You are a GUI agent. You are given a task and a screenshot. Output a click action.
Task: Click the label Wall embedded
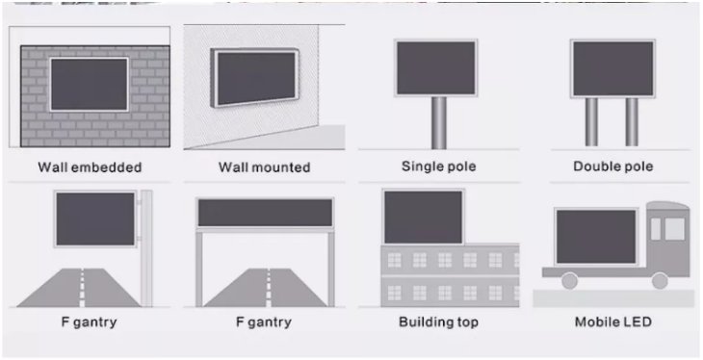coord(90,167)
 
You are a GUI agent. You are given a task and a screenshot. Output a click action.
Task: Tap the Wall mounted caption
coord(265,167)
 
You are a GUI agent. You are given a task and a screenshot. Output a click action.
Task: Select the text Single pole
coord(439,167)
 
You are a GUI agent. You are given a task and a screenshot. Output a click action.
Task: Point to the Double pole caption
coord(613,167)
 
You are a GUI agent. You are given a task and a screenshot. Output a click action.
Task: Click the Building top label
coord(438,322)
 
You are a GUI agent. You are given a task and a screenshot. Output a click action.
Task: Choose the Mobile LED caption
coord(613,321)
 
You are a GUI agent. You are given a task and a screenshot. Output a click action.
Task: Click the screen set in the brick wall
coord(89,85)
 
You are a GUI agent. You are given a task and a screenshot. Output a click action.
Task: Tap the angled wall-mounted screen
coord(255,78)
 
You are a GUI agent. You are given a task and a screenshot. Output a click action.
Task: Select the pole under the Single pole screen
coord(439,123)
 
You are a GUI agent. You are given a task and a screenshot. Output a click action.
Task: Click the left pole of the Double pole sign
coord(591,122)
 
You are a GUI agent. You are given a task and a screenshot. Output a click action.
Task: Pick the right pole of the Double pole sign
coord(632,122)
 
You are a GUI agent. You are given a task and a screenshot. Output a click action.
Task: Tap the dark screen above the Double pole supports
coord(612,68)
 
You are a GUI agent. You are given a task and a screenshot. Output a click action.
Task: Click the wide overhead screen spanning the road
coord(266,213)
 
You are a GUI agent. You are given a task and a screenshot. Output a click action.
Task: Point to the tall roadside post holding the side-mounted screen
coord(146,248)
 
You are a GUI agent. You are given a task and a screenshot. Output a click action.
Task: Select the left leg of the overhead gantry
coord(199,269)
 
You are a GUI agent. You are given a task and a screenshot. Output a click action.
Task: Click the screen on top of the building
coord(423,217)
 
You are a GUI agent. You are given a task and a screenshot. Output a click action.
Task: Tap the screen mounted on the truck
coord(596,236)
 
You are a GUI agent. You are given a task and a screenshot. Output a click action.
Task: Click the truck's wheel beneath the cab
coord(660,281)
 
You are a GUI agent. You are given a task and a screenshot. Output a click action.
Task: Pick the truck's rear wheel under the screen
coord(569,281)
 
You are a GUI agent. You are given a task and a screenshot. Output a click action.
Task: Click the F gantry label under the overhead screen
coord(264,322)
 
